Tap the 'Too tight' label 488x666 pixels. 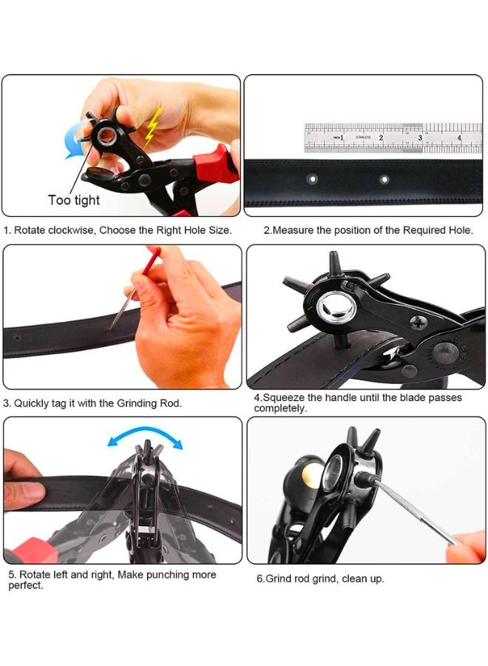click(74, 200)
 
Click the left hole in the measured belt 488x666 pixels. click(312, 179)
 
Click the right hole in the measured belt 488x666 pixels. click(383, 179)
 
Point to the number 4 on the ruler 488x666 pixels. click(458, 138)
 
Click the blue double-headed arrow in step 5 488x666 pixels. click(144, 438)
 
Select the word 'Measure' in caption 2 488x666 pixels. click(294, 230)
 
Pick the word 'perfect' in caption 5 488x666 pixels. click(25, 585)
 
